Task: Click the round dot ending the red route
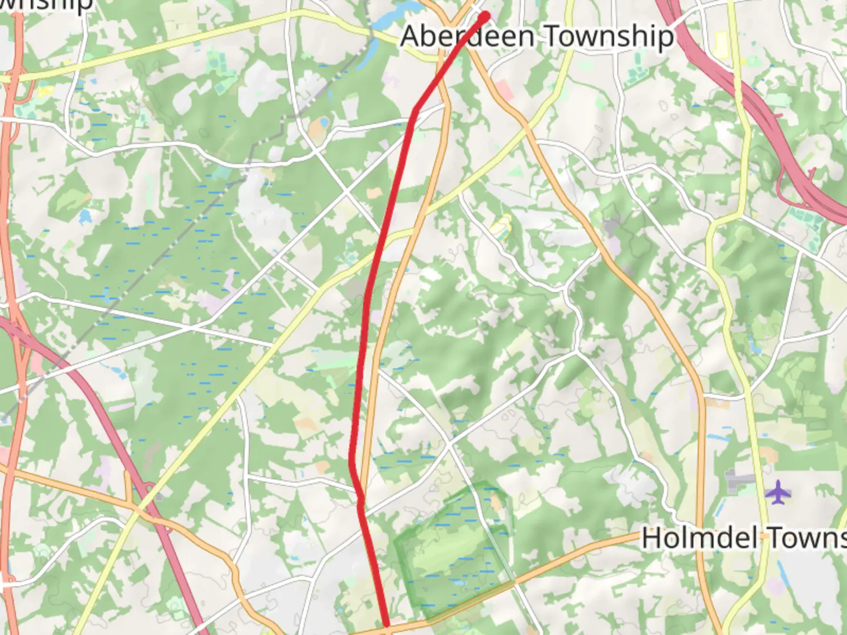click(485, 15)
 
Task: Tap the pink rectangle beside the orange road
click(503, 89)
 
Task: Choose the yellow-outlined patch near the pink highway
click(721, 44)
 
